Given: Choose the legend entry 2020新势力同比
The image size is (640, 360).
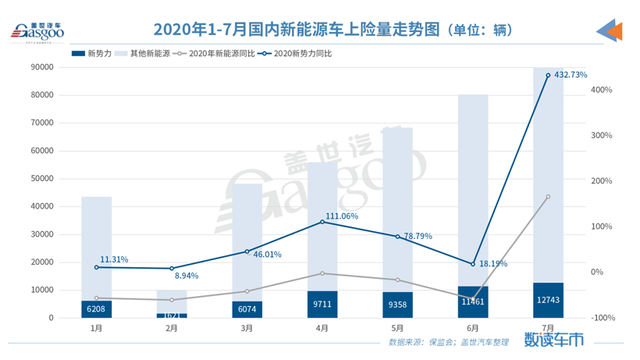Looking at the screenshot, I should [x=297, y=54].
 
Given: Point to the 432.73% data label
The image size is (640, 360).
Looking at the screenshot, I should [x=571, y=75].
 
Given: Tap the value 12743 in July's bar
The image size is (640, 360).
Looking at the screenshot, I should [x=548, y=301].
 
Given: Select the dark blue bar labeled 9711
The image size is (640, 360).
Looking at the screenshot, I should [x=322, y=304].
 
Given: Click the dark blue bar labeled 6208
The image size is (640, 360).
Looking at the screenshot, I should [x=97, y=308].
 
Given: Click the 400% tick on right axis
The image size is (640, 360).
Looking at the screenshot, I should [x=602, y=90].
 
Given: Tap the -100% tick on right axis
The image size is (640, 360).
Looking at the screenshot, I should [x=602, y=318].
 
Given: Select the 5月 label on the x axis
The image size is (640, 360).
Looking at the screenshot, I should [x=397, y=329].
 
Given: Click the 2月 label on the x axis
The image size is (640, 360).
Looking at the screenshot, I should [x=172, y=329].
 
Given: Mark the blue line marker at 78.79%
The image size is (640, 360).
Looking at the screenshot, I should [x=397, y=237].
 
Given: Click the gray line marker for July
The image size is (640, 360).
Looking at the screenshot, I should [x=548, y=197].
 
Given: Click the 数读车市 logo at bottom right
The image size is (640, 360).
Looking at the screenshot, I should [x=553, y=340].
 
